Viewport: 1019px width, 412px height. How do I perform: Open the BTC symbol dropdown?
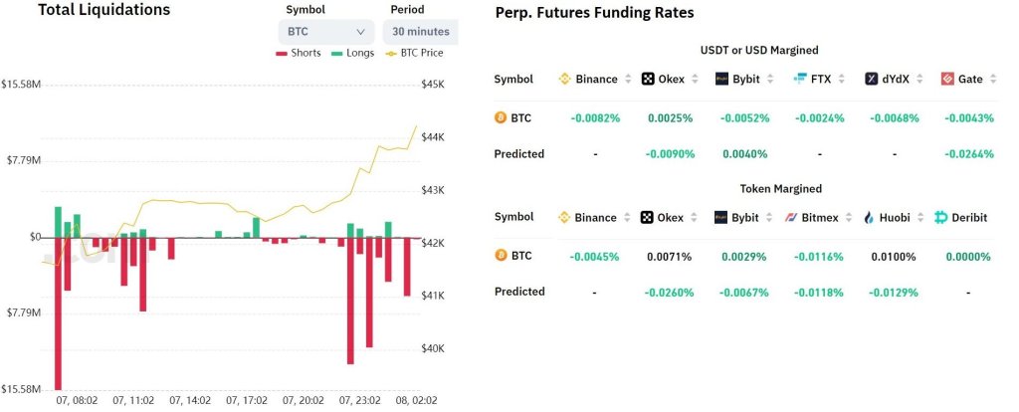325,32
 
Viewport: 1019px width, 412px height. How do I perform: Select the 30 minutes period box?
420,32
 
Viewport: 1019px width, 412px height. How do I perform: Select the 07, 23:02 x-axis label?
358,400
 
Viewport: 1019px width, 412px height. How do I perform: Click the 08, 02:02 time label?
417,400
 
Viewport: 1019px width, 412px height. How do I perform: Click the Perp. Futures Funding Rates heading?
595,13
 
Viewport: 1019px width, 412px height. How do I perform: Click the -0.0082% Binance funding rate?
595,118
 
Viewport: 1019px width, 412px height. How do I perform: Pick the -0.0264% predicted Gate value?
968,154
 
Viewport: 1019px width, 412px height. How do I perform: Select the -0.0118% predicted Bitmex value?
819,293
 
